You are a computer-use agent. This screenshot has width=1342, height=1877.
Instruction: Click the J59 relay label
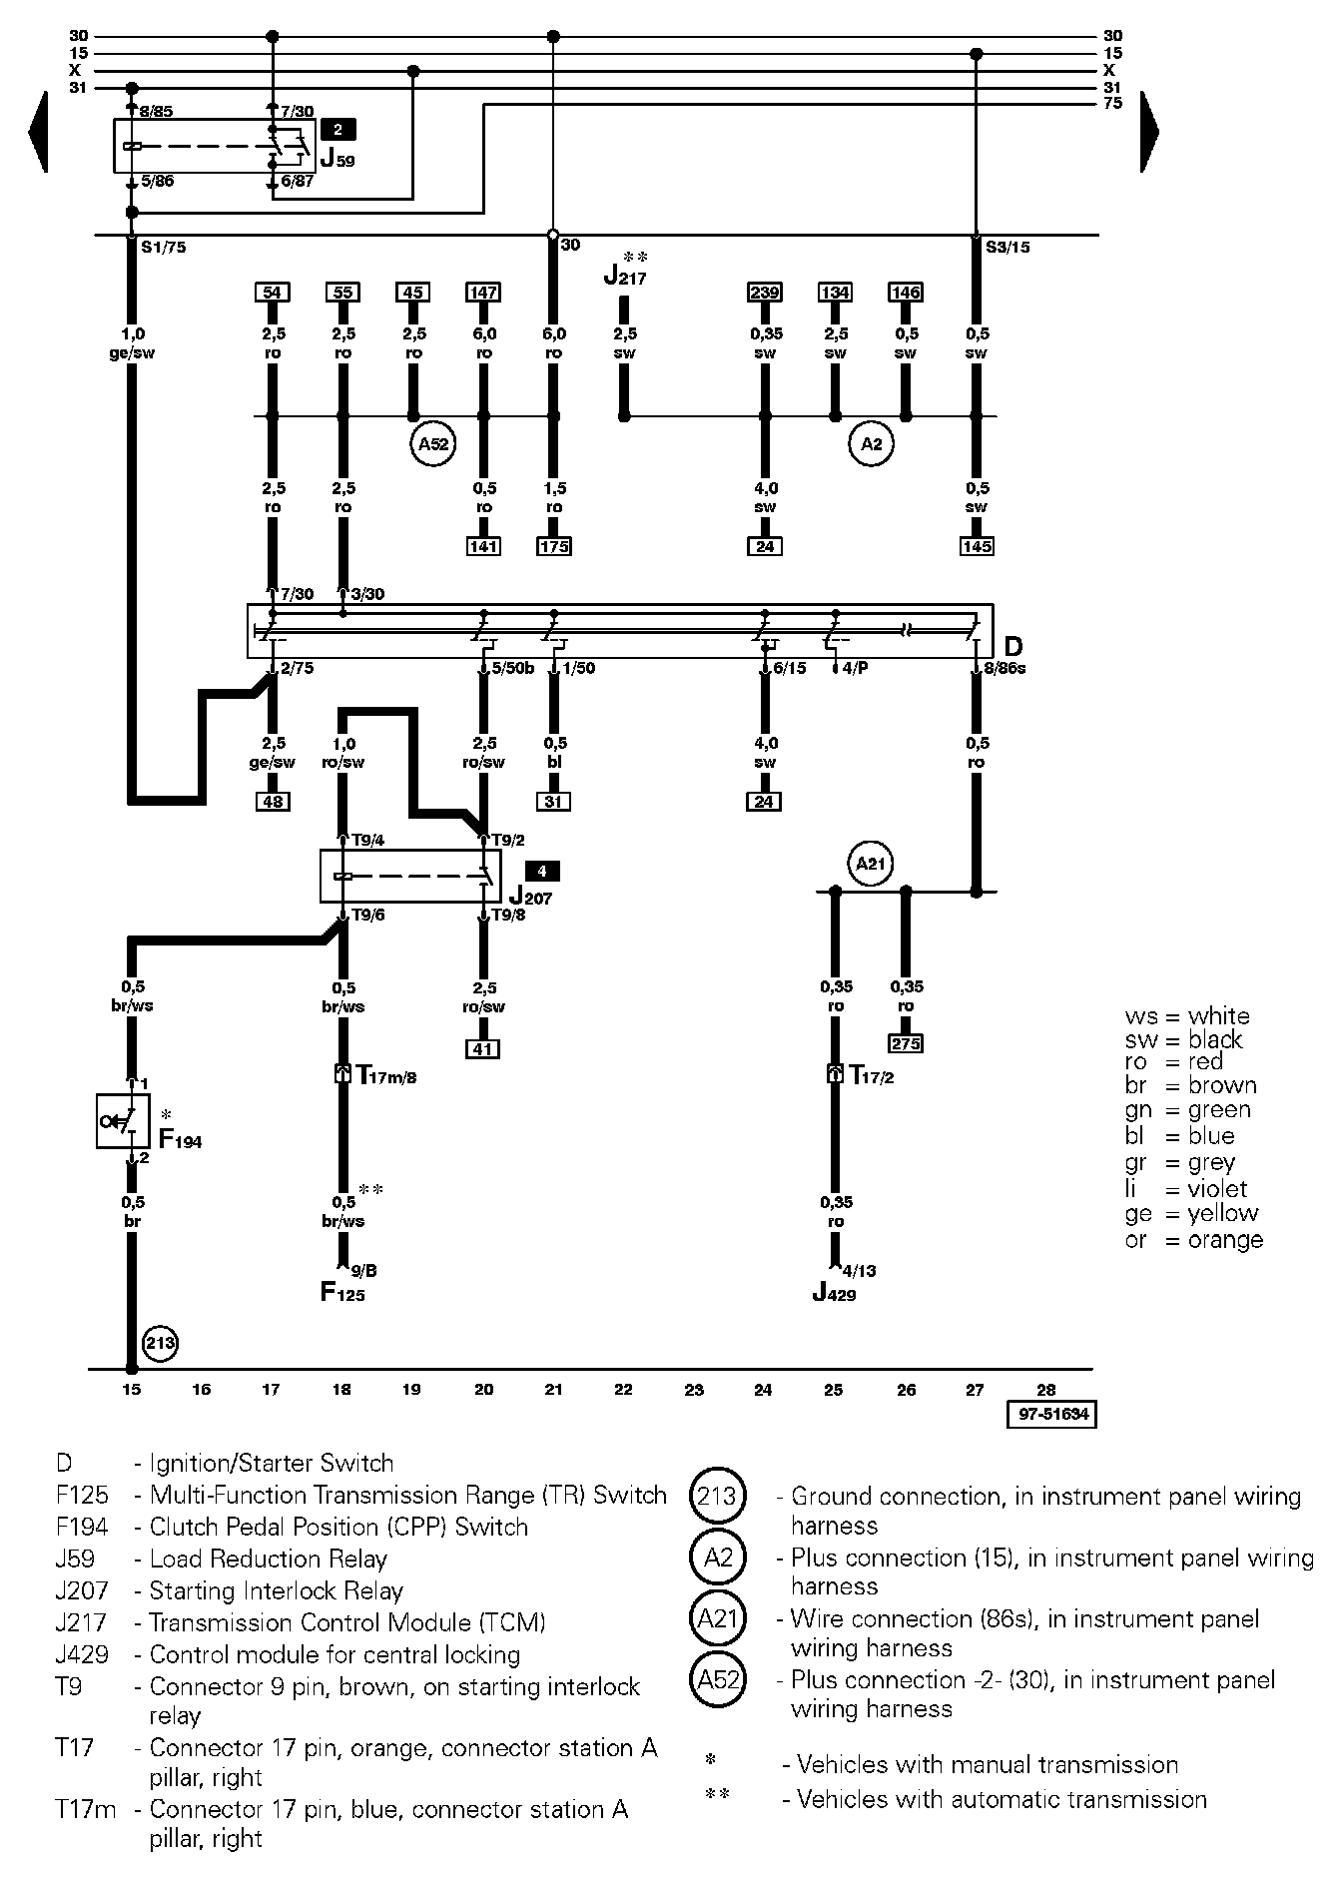(336, 158)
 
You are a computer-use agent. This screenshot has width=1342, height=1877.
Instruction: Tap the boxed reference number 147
(483, 293)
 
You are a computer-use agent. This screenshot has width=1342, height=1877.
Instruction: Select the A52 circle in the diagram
(432, 444)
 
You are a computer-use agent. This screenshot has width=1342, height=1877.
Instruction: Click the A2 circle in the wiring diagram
(872, 444)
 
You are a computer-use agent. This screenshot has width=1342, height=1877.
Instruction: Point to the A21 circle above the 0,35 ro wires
(872, 864)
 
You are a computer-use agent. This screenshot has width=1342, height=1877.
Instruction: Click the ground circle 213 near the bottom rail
(161, 1343)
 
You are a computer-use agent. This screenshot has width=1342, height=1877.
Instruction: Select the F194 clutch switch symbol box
(123, 1122)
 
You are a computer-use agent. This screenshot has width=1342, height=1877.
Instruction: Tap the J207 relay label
(530, 897)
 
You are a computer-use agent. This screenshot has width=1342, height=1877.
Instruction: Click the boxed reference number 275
(906, 1043)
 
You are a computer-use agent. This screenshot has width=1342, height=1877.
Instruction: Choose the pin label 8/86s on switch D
(1005, 668)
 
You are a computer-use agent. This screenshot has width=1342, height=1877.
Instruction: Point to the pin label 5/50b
(513, 668)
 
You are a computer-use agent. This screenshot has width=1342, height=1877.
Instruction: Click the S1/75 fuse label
(163, 248)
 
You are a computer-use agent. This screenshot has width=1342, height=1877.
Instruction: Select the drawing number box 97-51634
(1052, 1415)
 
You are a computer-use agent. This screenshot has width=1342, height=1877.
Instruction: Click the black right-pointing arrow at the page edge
(1149, 131)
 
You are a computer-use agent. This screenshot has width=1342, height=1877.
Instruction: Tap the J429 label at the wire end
(834, 1294)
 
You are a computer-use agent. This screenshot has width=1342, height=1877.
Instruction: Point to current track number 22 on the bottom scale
(623, 1389)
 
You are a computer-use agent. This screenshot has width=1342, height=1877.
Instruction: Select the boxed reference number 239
(765, 293)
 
